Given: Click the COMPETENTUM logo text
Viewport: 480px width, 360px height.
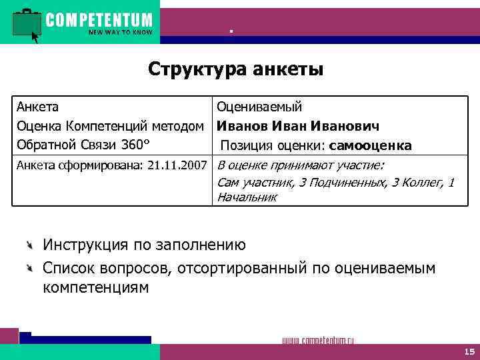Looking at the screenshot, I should tap(99, 19).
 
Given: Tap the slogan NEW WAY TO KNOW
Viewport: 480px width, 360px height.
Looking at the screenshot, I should tap(120, 32).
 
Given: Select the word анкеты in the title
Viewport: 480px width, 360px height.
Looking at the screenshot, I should tap(290, 69).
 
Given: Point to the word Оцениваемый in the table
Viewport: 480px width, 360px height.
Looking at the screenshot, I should tap(259, 107).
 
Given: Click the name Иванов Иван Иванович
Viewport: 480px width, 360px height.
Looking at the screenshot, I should tap(298, 126).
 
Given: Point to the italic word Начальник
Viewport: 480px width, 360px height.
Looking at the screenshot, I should tap(247, 197).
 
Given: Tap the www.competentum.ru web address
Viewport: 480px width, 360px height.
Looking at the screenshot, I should tap(318, 340).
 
